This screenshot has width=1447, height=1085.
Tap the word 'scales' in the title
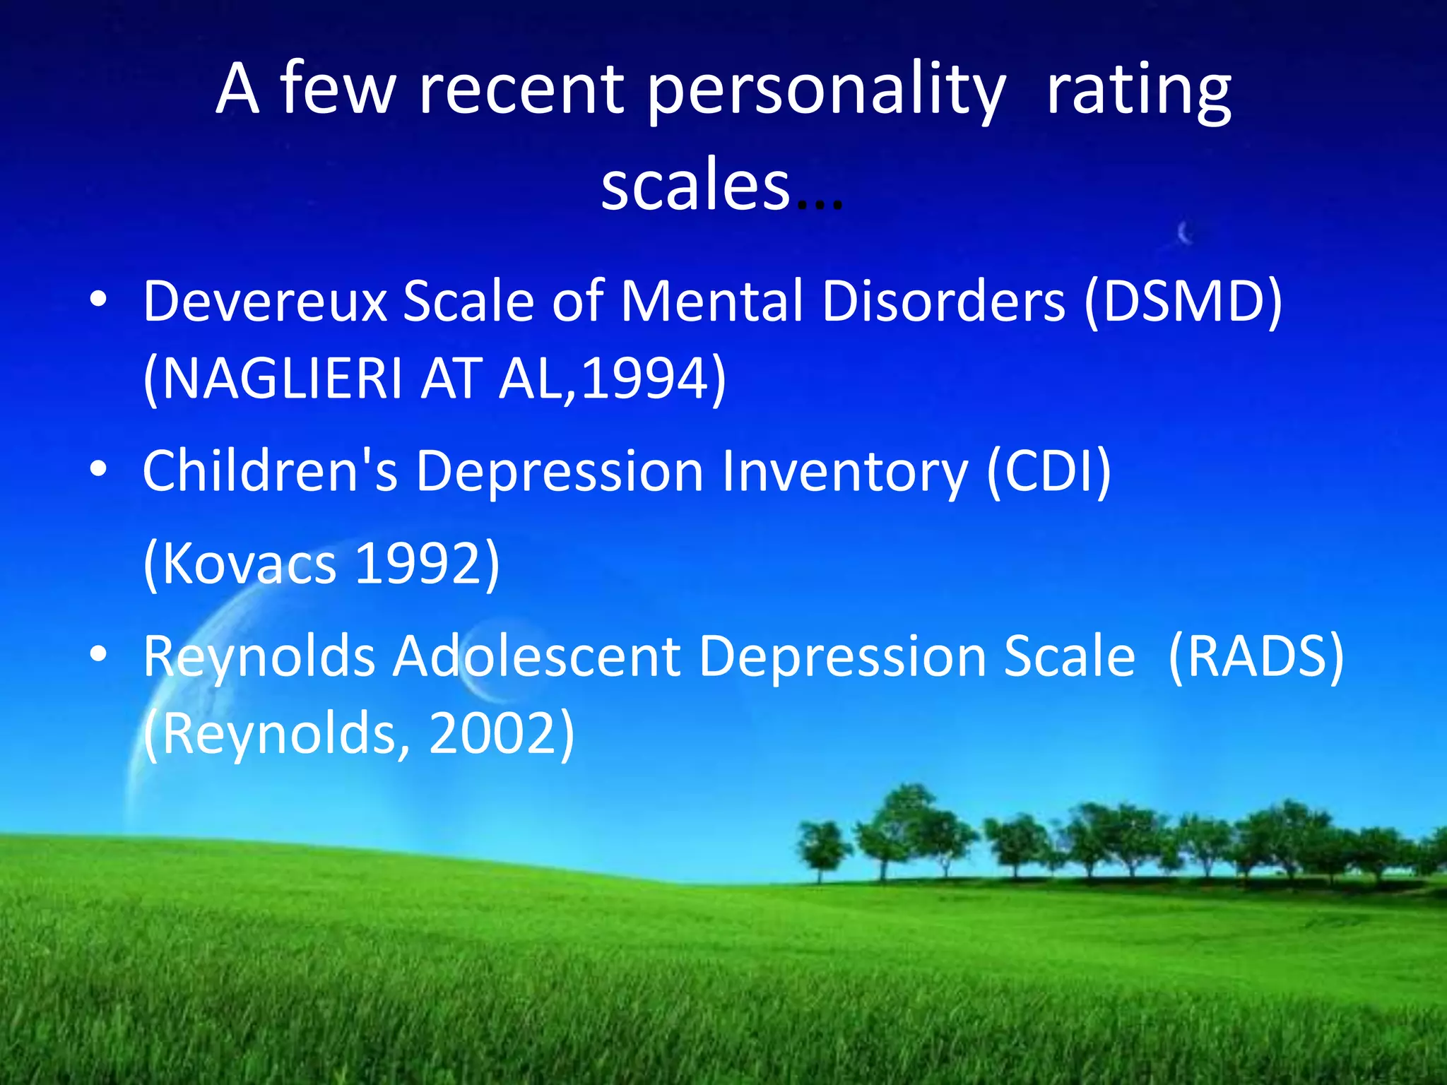tap(695, 185)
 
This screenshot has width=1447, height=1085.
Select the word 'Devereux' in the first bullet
tap(265, 302)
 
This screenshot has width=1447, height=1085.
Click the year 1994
tap(644, 379)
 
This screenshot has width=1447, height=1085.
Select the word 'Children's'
tap(271, 471)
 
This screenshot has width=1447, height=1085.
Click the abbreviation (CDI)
tap(1049, 471)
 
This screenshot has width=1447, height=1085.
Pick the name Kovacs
tap(248, 564)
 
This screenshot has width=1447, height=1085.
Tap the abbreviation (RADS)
tap(1256, 657)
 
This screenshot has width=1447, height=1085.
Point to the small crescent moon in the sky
tap(1185, 232)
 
